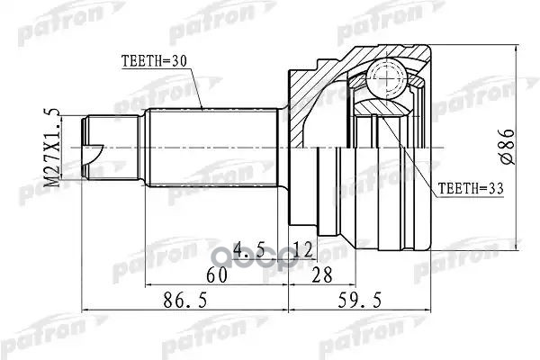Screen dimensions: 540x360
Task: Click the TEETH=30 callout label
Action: (154, 61)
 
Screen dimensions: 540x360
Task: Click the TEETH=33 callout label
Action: (471, 188)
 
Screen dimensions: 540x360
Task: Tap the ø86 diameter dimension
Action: (508, 147)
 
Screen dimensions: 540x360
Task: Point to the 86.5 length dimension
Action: (185, 300)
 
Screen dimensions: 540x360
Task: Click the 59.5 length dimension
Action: (360, 300)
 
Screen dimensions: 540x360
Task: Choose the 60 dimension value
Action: (217, 274)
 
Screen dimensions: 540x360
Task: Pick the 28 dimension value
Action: (321, 274)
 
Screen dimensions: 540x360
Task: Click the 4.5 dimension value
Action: (248, 249)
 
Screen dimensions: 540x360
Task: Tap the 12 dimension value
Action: (303, 249)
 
